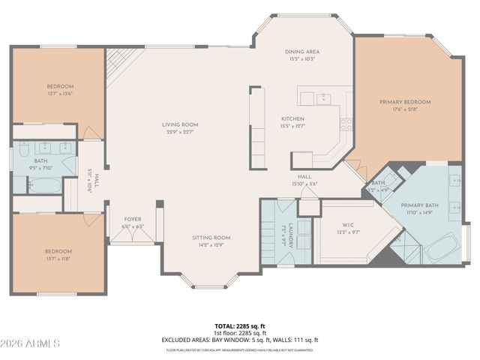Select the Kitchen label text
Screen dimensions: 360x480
click(x=292, y=119)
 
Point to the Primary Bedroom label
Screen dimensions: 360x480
click(x=405, y=102)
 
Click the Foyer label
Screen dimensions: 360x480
click(x=132, y=220)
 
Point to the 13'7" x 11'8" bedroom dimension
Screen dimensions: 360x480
click(x=58, y=259)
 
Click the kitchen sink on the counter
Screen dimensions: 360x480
click(x=323, y=97)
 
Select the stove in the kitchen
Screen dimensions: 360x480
click(x=346, y=124)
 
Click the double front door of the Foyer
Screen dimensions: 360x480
click(x=132, y=234)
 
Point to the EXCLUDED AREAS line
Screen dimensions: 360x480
click(x=240, y=340)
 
